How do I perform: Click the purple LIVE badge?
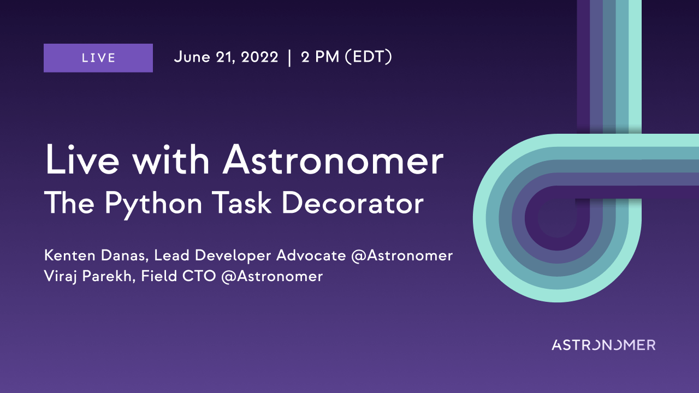click(x=98, y=58)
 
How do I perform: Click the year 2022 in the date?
click(x=259, y=57)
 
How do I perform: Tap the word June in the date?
click(x=192, y=57)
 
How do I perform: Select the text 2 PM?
click(x=320, y=57)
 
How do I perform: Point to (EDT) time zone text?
click(x=369, y=57)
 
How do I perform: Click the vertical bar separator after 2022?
click(x=290, y=58)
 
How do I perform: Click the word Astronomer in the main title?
click(x=333, y=160)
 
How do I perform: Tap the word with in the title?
click(x=171, y=160)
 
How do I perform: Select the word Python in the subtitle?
click(x=153, y=204)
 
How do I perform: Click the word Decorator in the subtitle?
click(x=353, y=203)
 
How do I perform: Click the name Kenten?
click(x=70, y=255)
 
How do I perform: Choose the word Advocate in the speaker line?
click(x=311, y=255)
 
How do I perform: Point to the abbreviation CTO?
click(x=199, y=276)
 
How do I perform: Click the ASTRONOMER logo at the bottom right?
click(x=603, y=345)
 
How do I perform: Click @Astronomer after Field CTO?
click(x=272, y=277)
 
